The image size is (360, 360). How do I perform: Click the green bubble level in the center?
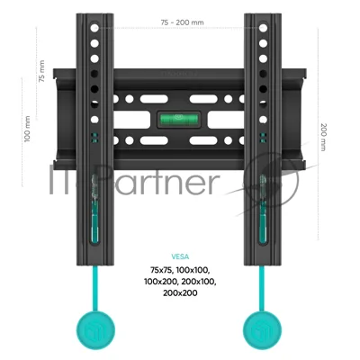179,119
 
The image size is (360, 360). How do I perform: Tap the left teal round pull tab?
95,330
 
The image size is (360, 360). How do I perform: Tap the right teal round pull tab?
262,330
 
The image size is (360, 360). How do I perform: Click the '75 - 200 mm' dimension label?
182,22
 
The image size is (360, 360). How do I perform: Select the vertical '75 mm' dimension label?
41,71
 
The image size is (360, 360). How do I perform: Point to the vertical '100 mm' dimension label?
27,129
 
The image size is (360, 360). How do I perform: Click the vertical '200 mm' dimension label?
324,137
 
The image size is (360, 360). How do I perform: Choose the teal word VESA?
180,256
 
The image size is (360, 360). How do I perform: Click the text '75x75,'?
162,271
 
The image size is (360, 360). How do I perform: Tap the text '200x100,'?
199,282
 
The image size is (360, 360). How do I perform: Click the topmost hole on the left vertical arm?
94,28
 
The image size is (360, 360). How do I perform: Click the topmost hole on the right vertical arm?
263,28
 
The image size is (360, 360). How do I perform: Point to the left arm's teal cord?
95,288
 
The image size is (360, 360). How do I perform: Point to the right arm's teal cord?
262,288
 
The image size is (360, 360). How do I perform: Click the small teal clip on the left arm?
94,138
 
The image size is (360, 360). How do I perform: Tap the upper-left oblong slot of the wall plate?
154,99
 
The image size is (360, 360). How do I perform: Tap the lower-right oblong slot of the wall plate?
203,140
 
